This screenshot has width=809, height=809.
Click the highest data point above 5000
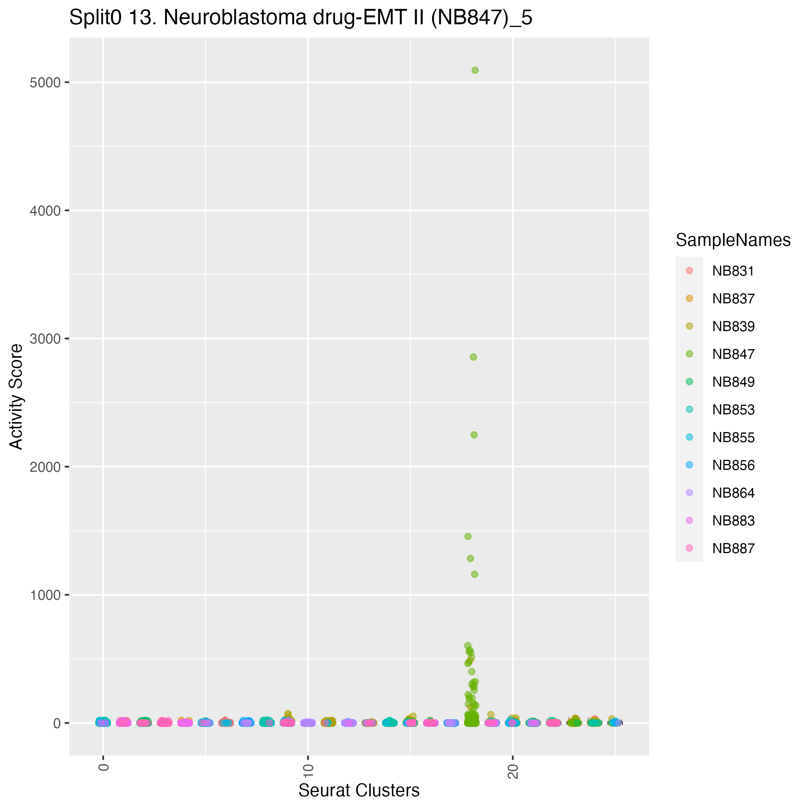pyautogui.click(x=475, y=71)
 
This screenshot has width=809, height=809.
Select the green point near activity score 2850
pyautogui.click(x=473, y=357)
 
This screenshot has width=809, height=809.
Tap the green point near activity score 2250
pyautogui.click(x=474, y=435)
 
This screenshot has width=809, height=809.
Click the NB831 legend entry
pyautogui.click(x=733, y=271)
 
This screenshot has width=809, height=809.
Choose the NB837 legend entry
pyautogui.click(x=733, y=299)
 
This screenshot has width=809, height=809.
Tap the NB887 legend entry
pyautogui.click(x=733, y=548)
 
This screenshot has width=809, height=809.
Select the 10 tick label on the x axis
pyautogui.click(x=308, y=771)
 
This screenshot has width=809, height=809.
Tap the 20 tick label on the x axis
pyautogui.click(x=513, y=771)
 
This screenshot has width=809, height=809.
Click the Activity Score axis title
pyautogui.click(x=17, y=397)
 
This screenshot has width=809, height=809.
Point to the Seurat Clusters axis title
pyautogui.click(x=359, y=790)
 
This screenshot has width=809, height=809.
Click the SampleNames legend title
pyautogui.click(x=733, y=241)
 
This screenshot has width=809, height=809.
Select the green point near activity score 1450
pyautogui.click(x=468, y=537)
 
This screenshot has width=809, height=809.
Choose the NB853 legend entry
pyautogui.click(x=733, y=410)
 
